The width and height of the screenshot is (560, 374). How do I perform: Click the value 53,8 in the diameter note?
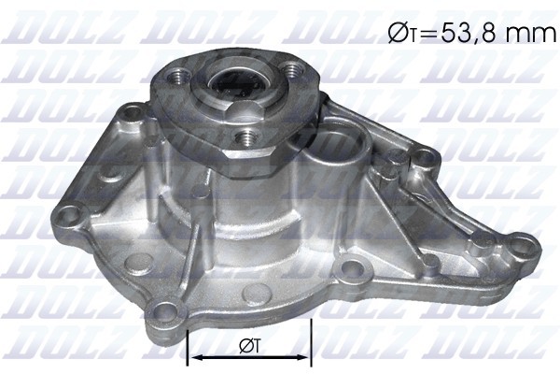coord(467,35)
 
